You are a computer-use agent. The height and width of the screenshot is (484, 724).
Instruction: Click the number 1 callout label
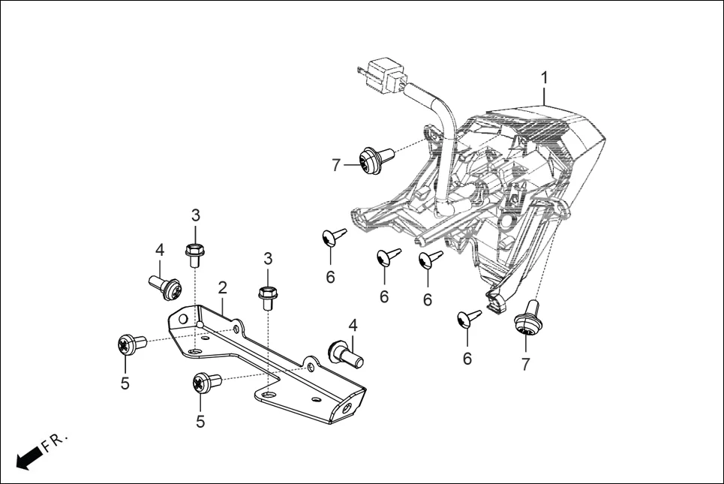pyautogui.click(x=545, y=77)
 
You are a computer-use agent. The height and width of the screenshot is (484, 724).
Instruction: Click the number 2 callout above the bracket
pyautogui.click(x=223, y=287)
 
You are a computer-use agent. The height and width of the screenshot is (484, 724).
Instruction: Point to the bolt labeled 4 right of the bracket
pyautogui.click(x=346, y=352)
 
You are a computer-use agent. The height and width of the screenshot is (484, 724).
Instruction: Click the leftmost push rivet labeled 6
pyautogui.click(x=332, y=237)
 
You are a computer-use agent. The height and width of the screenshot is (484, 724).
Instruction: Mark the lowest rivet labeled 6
pyautogui.click(x=468, y=319)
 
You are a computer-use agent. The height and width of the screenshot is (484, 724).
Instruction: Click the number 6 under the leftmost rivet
pyautogui.click(x=330, y=277)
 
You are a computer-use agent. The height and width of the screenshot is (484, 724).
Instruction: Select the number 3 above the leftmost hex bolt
pyautogui.click(x=195, y=215)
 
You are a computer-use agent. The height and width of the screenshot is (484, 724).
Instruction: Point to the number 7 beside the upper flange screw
pyautogui.click(x=336, y=165)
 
